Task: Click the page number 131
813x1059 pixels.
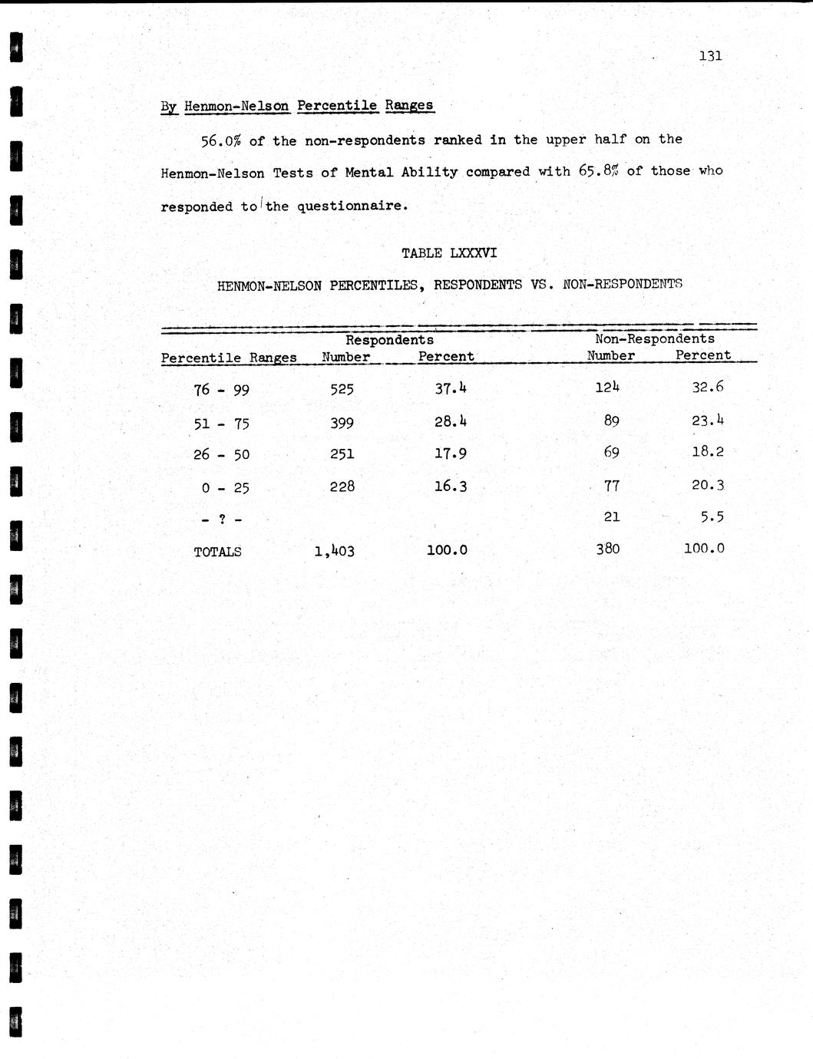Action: (x=710, y=55)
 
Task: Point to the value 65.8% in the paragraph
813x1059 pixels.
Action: (x=599, y=171)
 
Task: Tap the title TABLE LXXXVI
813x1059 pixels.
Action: (x=449, y=252)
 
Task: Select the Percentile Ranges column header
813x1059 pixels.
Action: (x=229, y=358)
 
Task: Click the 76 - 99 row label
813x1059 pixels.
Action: (x=221, y=390)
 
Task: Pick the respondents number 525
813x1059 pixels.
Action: (x=342, y=389)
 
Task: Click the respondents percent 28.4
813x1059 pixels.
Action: (x=451, y=421)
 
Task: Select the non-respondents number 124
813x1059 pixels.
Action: (x=606, y=387)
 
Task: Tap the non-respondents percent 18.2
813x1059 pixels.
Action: (x=707, y=451)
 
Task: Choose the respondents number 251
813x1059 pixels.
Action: (x=342, y=454)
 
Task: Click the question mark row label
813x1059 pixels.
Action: (x=221, y=520)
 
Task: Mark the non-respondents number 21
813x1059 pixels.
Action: (x=611, y=516)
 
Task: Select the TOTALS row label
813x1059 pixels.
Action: (x=217, y=552)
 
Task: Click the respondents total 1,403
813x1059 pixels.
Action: (x=334, y=550)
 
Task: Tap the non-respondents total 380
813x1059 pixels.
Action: (x=607, y=549)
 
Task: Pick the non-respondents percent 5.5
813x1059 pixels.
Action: (x=712, y=516)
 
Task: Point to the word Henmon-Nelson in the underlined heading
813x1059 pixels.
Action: (x=236, y=106)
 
